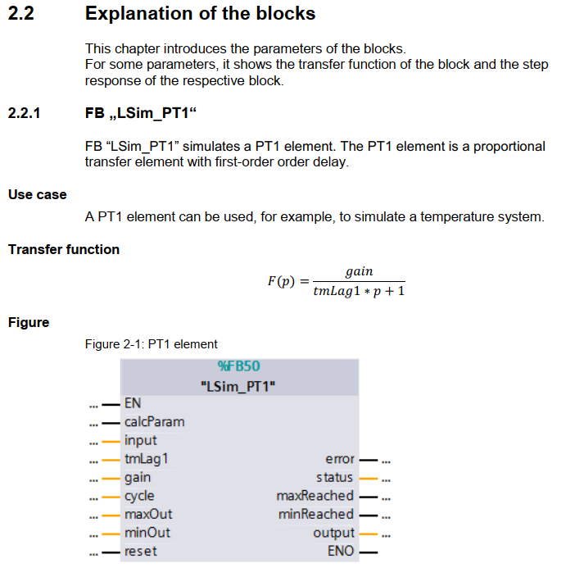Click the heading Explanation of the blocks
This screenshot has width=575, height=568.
point(200,14)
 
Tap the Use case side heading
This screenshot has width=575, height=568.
point(38,195)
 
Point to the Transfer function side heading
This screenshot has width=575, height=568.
point(64,249)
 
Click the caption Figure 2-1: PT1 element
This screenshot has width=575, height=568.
point(152,344)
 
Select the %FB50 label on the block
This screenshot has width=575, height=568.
point(238,366)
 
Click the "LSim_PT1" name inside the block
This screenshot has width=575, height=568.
point(238,385)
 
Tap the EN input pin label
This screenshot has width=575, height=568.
point(133,402)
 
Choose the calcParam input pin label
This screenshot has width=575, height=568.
point(154,422)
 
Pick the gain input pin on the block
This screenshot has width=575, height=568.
point(138,477)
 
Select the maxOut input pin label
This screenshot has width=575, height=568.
point(148,515)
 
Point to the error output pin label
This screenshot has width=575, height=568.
point(339,459)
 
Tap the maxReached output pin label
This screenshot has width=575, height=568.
point(315,496)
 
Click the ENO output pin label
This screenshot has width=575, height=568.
point(341,551)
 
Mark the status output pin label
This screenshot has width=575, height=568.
point(335,477)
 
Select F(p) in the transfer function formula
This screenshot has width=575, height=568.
point(280,281)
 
